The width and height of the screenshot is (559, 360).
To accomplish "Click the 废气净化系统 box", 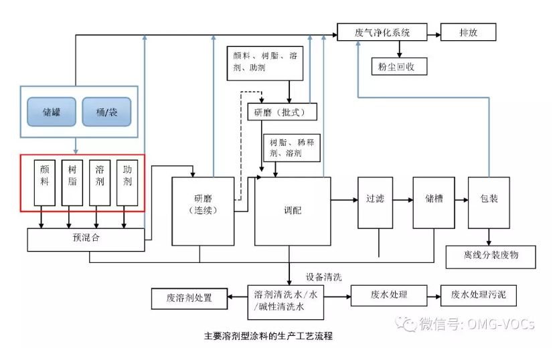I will coord(382,32).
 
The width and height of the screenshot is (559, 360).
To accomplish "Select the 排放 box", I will coord(468,32).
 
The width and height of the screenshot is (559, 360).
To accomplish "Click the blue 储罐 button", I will coord(51,112).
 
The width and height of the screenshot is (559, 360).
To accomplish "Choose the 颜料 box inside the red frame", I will coord(44,182).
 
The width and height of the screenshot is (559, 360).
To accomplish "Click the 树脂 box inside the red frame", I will coord(72,182).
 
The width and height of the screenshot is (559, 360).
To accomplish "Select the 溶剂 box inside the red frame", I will coord(99,182).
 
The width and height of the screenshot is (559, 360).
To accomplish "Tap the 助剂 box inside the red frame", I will coord(127,182).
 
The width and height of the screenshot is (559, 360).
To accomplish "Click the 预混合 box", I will coord(86,239).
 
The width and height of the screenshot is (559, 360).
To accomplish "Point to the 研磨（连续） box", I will coord(203,211).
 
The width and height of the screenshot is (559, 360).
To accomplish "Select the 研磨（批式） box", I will coord(281,112).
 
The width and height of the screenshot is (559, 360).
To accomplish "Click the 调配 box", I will coord(293,211).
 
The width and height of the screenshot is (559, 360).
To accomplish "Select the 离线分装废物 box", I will coord(491,256).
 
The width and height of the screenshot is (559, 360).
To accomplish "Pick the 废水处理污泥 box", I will coord(479,295).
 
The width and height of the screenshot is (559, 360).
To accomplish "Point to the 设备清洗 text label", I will coord(324,276).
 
